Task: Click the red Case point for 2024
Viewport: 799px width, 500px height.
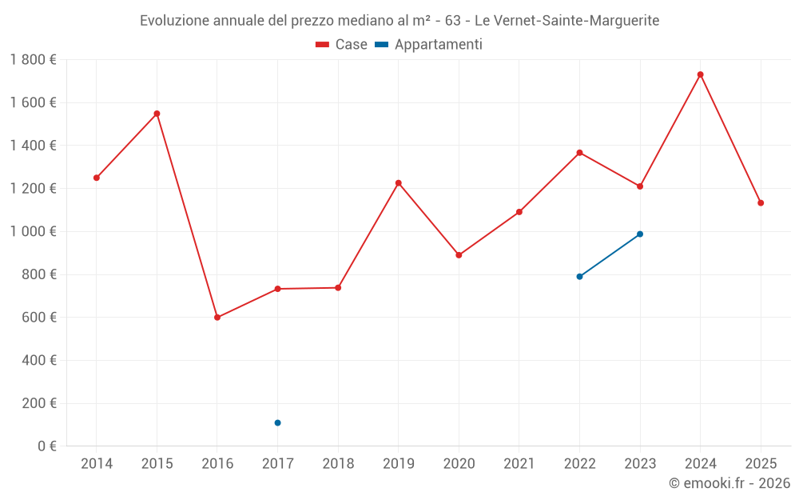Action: [x=700, y=74]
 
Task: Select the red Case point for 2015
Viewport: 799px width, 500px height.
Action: [x=157, y=114]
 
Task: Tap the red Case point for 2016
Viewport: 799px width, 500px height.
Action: [x=217, y=318]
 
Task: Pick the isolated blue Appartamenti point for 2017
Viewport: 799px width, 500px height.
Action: [x=277, y=422]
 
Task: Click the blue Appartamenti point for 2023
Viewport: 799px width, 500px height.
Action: [x=640, y=234]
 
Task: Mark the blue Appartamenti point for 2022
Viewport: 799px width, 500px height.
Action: [x=579, y=277]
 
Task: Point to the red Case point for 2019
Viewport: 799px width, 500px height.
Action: [x=399, y=183]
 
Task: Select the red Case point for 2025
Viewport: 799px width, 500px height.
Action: [x=761, y=203]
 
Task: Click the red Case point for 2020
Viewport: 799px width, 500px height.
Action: [x=459, y=255]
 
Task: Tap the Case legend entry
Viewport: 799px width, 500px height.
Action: [x=342, y=45]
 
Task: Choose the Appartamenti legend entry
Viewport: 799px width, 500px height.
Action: [x=429, y=45]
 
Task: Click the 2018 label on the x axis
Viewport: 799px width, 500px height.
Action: [x=338, y=463]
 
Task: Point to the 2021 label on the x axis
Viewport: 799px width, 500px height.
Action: [x=519, y=463]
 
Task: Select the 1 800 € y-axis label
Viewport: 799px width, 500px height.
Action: [x=33, y=60]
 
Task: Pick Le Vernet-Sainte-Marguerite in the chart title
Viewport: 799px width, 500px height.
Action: [x=567, y=21]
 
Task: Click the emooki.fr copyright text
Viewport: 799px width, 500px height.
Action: [x=729, y=483]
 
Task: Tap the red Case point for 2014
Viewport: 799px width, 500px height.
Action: [x=97, y=178]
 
